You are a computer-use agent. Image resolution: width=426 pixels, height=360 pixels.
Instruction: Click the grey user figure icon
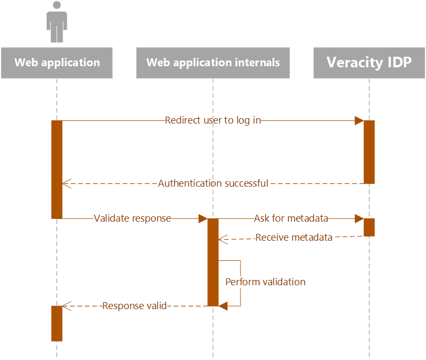pos(57,22)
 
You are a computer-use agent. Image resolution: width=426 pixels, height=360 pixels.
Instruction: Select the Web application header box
pos(57,63)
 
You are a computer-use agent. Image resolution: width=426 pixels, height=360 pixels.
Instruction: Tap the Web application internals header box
pos(213,63)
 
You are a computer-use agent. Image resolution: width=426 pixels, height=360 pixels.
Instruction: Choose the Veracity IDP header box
pos(369,63)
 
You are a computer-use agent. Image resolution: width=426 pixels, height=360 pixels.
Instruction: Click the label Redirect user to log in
pos(213,120)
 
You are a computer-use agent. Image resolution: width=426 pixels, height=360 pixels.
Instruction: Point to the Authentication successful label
pos(213,183)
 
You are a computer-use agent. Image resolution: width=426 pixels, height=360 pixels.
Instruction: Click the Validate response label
pos(132,218)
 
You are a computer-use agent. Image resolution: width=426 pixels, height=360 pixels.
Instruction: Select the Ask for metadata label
pos(291,218)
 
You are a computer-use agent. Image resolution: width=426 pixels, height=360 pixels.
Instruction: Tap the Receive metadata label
pos(294,238)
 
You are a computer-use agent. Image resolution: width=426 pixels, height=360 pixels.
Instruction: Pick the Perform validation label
pos(265,282)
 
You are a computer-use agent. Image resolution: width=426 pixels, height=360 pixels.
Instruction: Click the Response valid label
pos(135,306)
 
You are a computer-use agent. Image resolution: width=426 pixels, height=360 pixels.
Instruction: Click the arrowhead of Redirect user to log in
pos(359,120)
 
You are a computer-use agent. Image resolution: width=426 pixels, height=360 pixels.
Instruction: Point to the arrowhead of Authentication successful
pos(66,183)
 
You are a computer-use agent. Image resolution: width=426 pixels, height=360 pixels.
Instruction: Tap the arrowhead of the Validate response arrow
pos(203,218)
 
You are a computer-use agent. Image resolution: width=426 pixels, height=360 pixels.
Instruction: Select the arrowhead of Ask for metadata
pos(359,218)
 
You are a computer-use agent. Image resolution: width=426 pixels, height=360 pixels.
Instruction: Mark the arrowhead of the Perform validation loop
pos(223,306)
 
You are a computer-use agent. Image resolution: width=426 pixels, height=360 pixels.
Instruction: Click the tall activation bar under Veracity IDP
pos(369,152)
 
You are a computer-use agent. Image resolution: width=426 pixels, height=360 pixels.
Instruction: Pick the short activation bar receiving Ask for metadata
pos(369,227)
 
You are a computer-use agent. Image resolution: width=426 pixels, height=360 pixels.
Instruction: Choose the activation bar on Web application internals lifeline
pos(213,262)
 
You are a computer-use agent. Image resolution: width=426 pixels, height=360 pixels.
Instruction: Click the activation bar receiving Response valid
pos(57,323)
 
